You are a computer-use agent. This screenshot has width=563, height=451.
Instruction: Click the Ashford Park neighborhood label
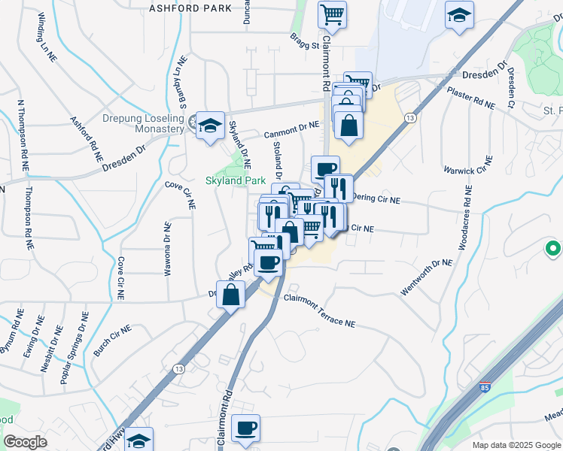coord(190,8)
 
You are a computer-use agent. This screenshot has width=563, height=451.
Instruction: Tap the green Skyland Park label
coord(235,181)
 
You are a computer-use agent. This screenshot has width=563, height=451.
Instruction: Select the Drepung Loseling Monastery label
coord(143,124)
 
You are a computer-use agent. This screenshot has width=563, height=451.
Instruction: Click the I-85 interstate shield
coord(488,389)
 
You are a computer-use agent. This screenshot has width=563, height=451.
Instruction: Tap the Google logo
coord(25,442)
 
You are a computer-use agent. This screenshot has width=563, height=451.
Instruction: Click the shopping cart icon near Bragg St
coord(332,14)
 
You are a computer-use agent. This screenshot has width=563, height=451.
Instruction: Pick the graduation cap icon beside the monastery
coord(210,125)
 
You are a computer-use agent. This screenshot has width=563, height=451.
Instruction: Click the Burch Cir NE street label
coord(112,341)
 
